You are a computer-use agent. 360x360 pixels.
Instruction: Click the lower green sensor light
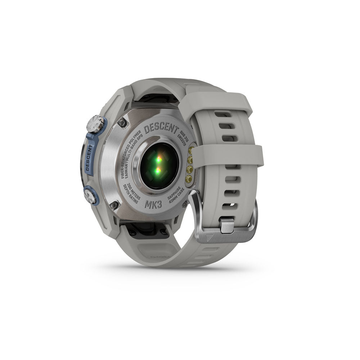click(158, 170)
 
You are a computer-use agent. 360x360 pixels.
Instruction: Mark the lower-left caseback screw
click(115, 205)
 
